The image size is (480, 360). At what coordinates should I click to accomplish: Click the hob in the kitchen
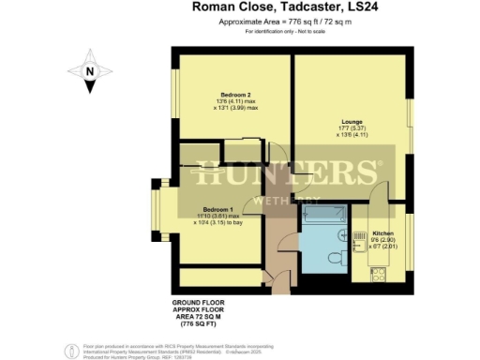379,274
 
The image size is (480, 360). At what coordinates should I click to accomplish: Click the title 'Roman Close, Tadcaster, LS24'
269,7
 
